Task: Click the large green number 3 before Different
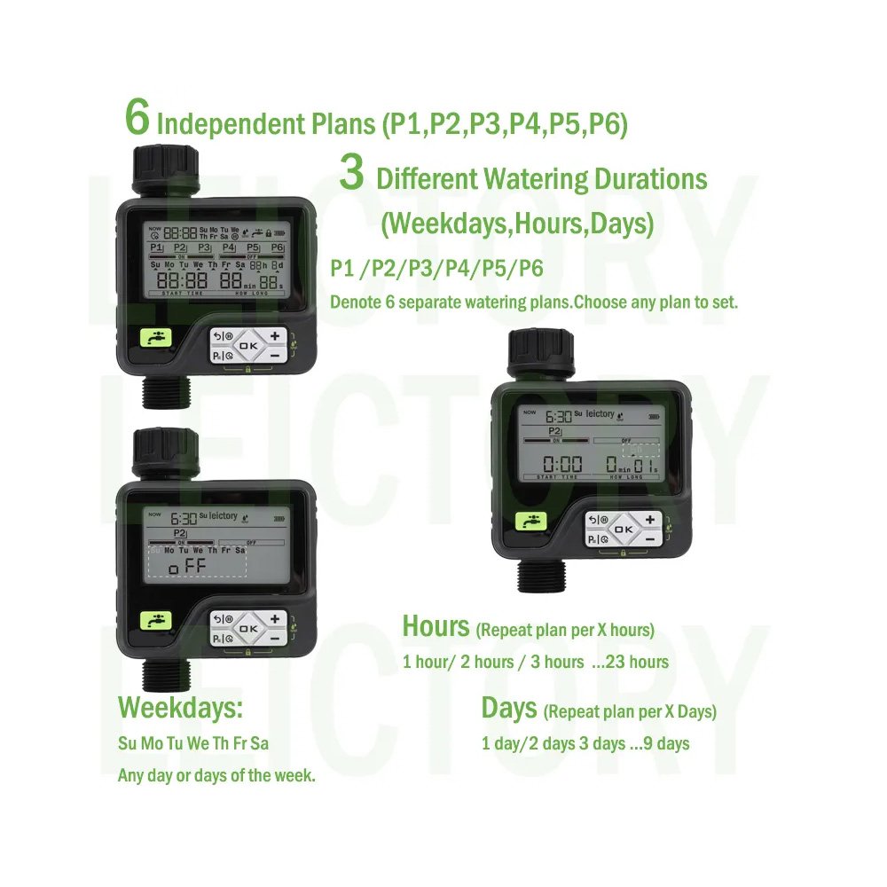tap(352, 173)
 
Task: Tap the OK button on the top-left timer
tap(247, 345)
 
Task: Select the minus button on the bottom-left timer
tap(275, 638)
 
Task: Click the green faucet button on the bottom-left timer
tap(156, 621)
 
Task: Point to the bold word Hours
tap(436, 626)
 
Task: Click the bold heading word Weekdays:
tap(180, 709)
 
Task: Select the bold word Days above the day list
tap(508, 709)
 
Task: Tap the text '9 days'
tap(667, 743)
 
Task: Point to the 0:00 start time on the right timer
tap(562, 464)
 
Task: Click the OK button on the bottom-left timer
tap(247, 627)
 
